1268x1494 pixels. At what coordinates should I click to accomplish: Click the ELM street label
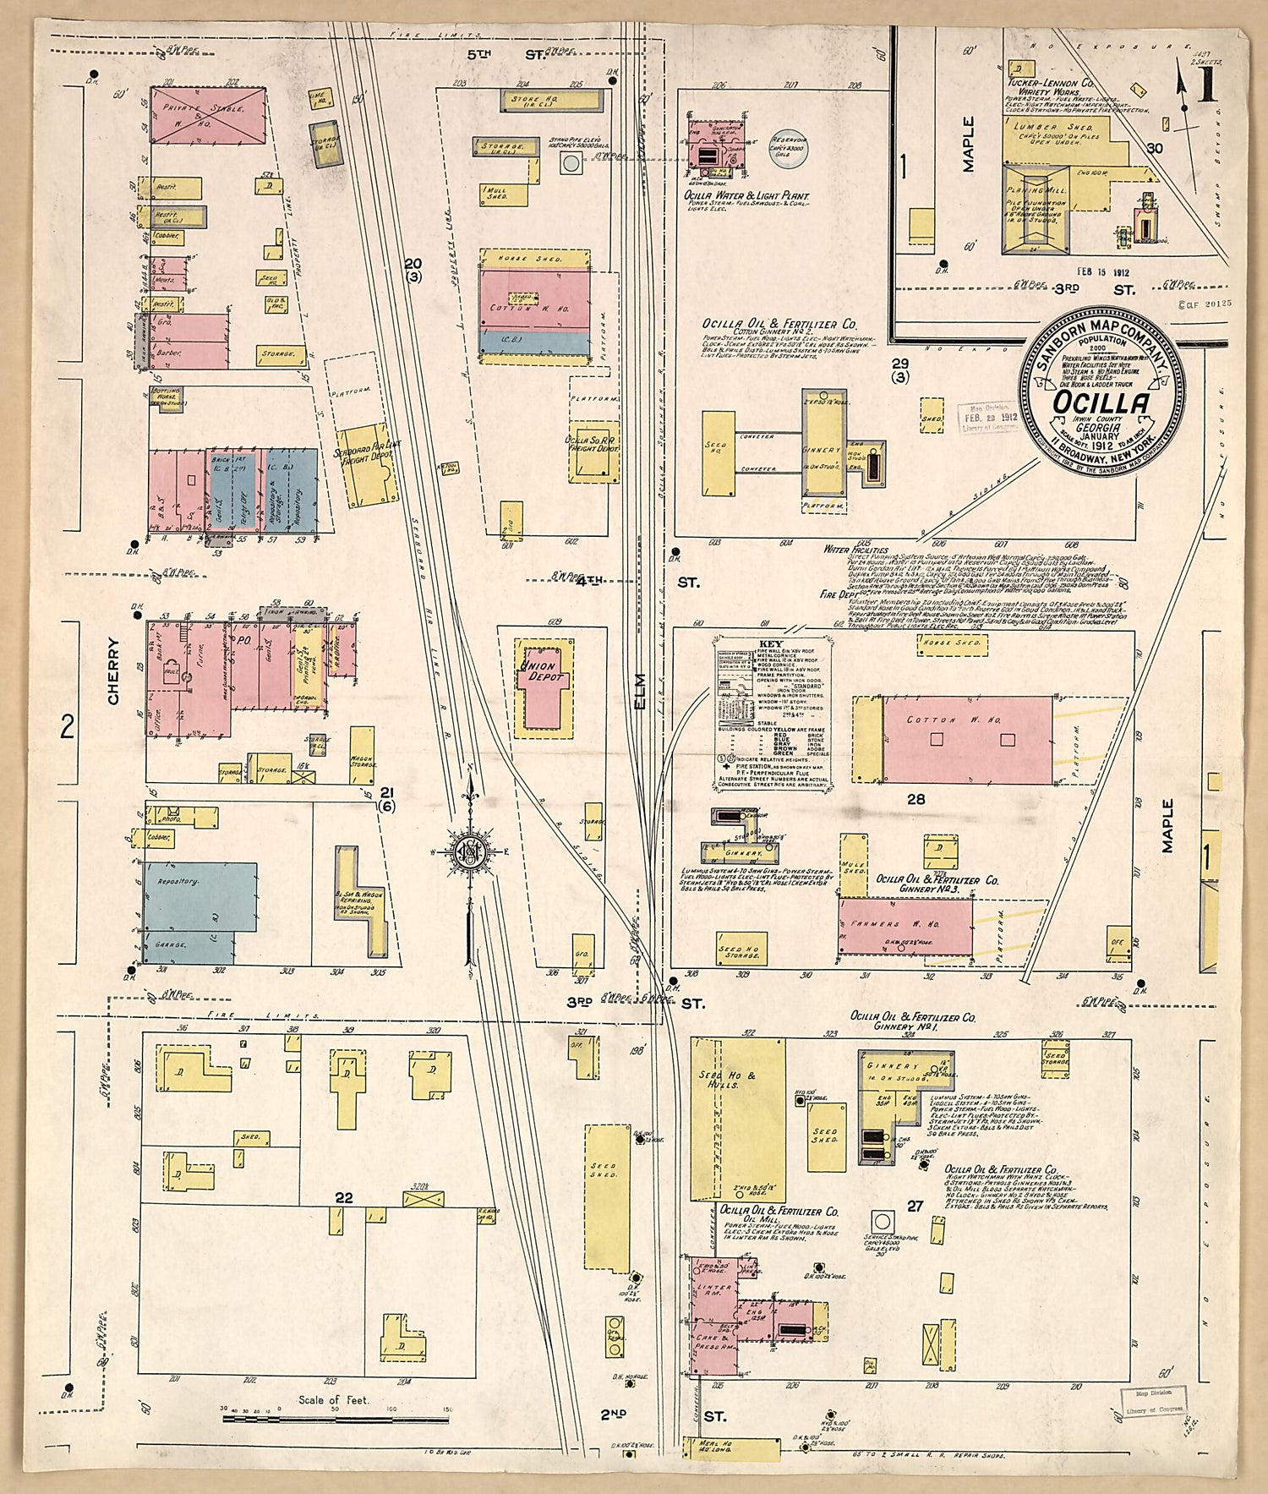[x=642, y=695]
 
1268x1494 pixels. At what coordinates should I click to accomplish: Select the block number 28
[x=915, y=799]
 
